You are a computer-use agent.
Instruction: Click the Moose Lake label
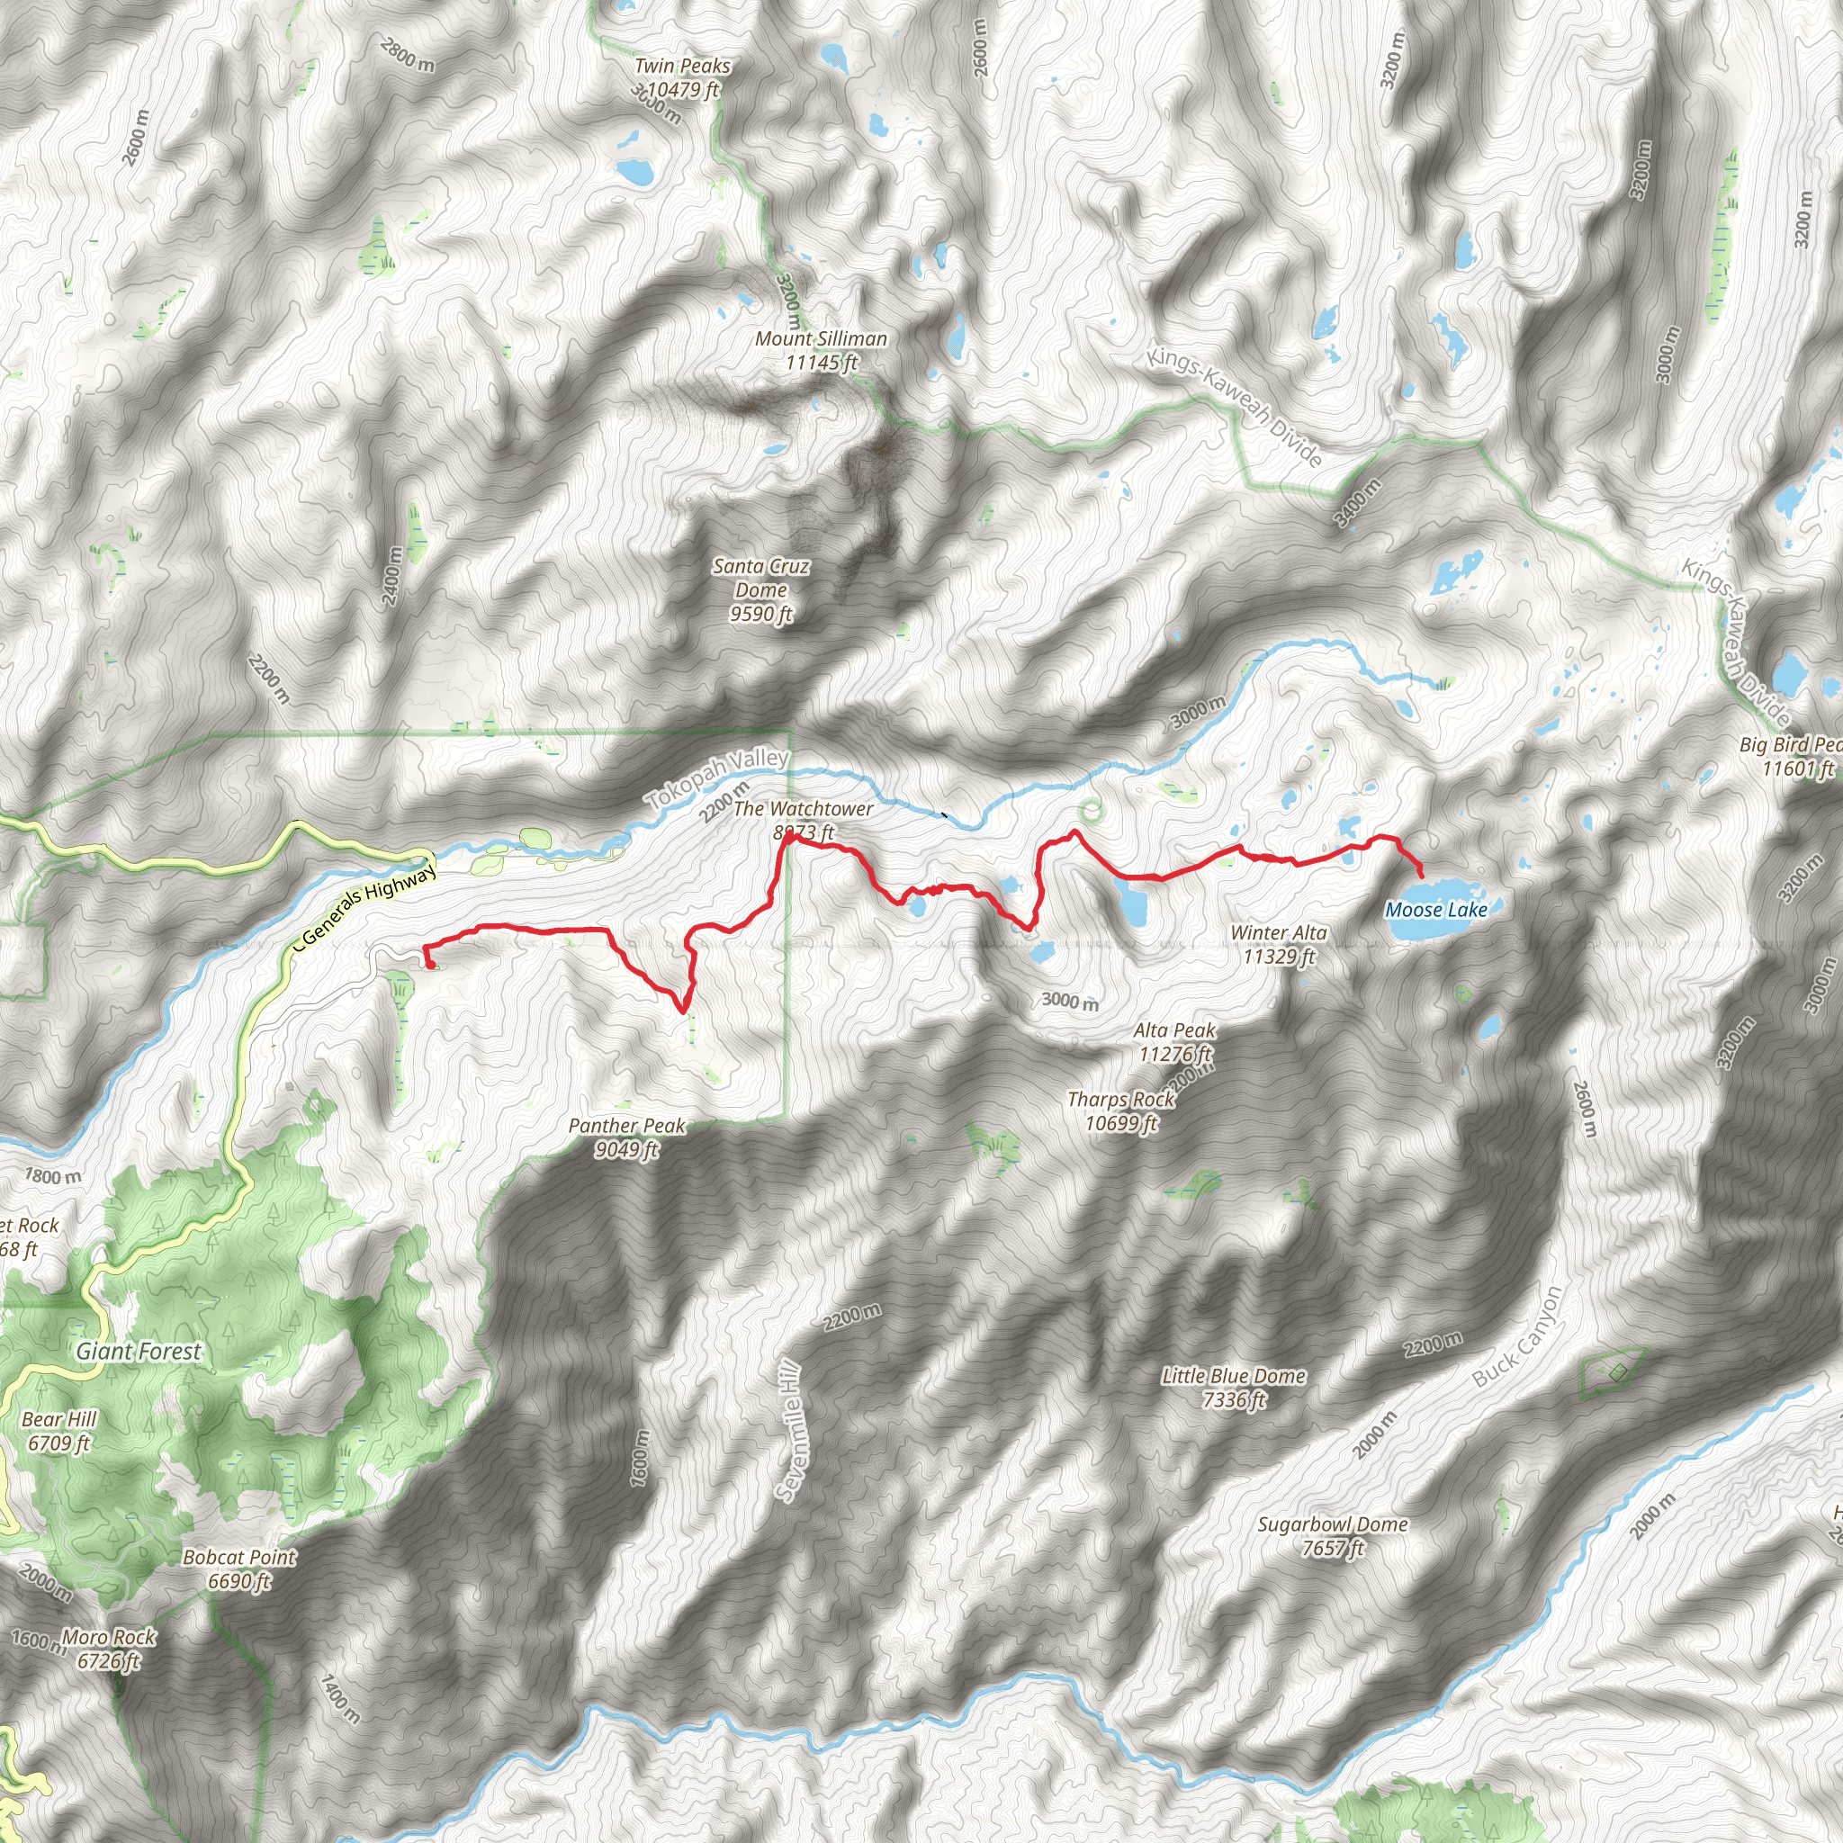point(1435,909)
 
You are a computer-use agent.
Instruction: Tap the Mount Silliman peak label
point(822,350)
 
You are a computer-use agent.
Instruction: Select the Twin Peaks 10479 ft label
point(682,77)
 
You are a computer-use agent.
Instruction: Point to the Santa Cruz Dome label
point(761,589)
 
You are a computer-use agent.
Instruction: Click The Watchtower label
point(804,820)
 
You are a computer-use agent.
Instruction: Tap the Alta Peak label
point(1174,1042)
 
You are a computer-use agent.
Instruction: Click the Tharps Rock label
point(1121,1111)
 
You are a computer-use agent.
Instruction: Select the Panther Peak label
point(626,1137)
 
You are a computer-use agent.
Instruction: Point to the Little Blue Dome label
point(1234,1387)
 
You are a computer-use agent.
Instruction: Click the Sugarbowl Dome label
point(1333,1536)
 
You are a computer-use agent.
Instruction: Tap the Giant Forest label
point(139,1351)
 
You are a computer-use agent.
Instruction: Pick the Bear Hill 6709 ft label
point(59,1431)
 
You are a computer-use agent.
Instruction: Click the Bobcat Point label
point(239,1569)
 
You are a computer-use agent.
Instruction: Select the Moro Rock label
point(109,1649)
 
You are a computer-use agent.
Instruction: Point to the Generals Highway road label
point(367,902)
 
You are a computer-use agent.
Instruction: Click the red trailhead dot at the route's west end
point(431,965)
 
